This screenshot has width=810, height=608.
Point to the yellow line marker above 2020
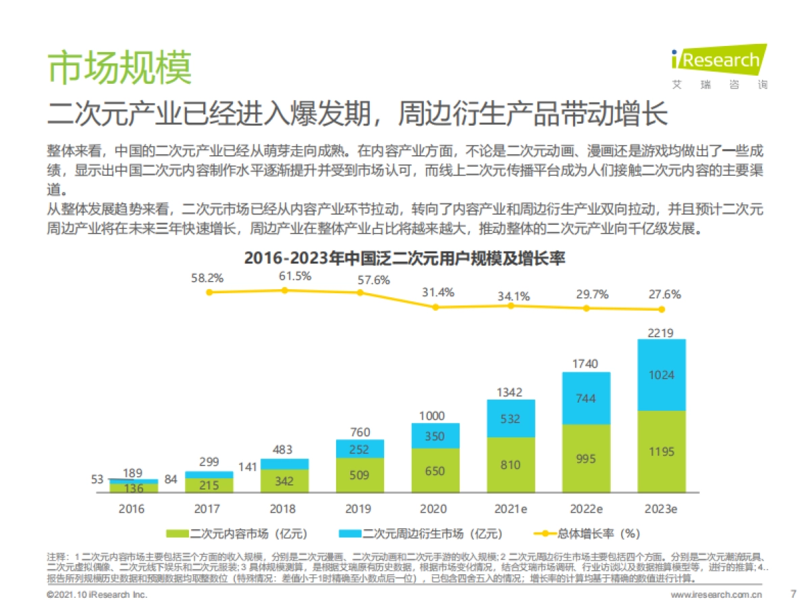(x=435, y=307)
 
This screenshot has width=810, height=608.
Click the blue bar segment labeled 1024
(x=661, y=375)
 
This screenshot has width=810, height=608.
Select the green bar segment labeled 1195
(x=661, y=452)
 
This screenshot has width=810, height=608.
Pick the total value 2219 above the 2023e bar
(x=661, y=331)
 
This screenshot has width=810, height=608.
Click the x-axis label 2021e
(x=510, y=509)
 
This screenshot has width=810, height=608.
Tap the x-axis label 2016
(x=132, y=509)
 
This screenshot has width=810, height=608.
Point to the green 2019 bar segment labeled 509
(x=360, y=475)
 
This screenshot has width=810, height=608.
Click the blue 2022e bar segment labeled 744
(x=586, y=399)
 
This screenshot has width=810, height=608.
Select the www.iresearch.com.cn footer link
(x=715, y=595)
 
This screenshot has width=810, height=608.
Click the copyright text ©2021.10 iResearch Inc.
(x=97, y=595)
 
